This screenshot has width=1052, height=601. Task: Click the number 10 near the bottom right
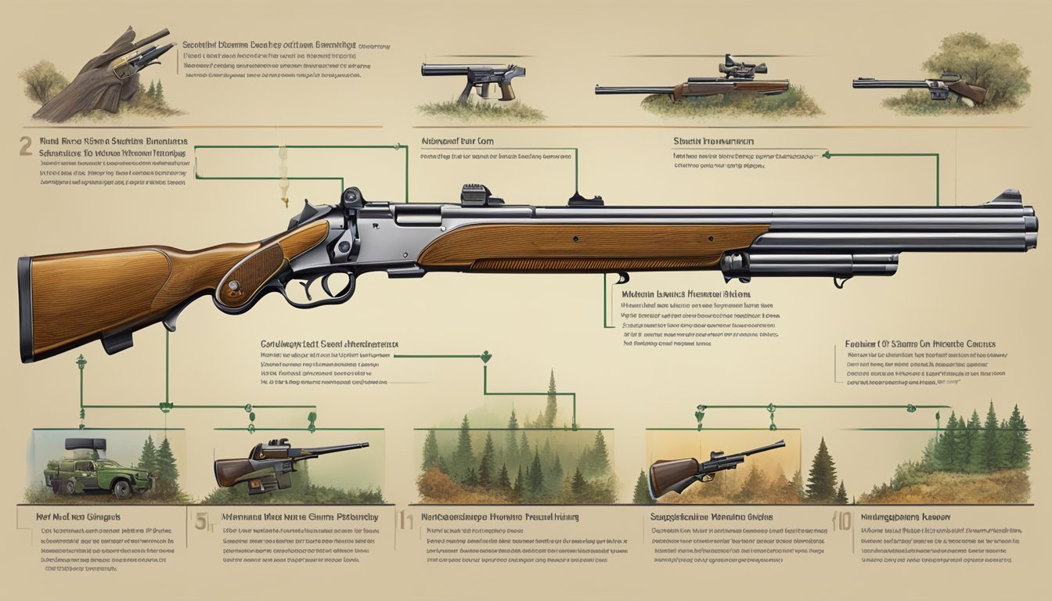[x=843, y=522]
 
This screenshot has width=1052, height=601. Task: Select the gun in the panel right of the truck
[x=282, y=462]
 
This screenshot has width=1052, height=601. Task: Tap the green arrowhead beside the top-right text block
[x=827, y=155]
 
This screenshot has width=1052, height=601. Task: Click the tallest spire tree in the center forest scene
[x=552, y=399]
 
